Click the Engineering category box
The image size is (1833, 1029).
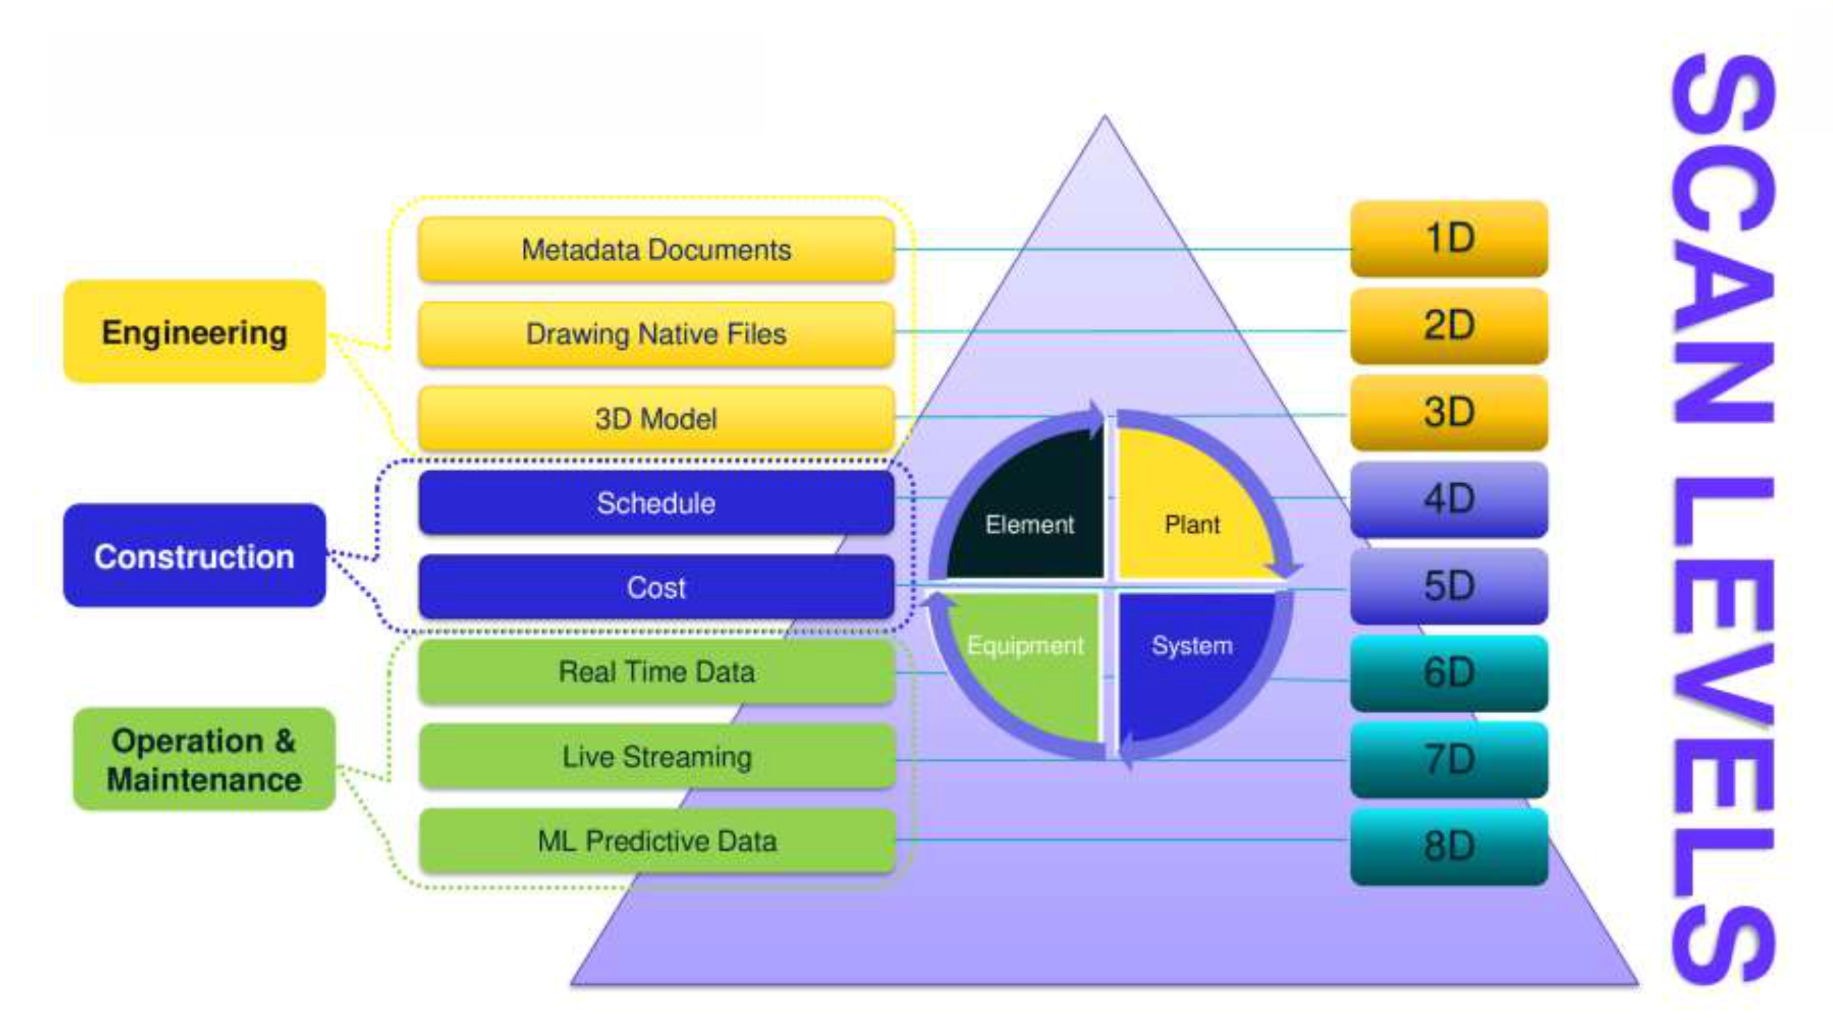(x=194, y=331)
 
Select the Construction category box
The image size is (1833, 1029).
(x=194, y=556)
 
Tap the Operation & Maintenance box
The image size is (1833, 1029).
(x=204, y=759)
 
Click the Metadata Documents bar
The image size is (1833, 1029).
(x=656, y=250)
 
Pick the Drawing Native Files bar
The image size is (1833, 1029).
(x=656, y=333)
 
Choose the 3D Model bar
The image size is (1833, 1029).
(x=656, y=418)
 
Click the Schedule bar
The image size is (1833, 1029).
(x=656, y=503)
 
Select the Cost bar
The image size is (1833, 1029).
(x=656, y=587)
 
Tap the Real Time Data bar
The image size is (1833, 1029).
(x=656, y=671)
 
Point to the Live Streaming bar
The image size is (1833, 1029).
(x=656, y=757)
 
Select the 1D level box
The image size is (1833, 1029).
(x=1449, y=239)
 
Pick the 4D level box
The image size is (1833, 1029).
(x=1449, y=500)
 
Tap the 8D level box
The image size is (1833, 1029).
(x=1449, y=847)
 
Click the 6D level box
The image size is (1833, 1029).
(x=1449, y=673)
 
